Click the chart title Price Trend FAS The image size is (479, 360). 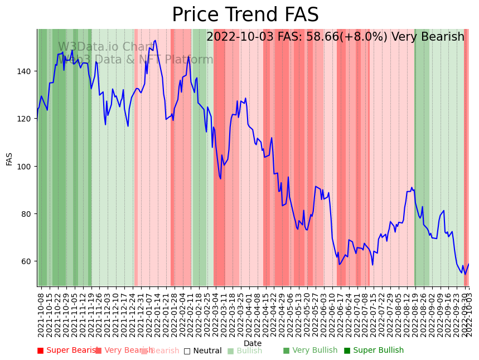pyautogui.click(x=245, y=15)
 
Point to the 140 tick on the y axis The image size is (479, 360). pyautogui.click(x=27, y=71)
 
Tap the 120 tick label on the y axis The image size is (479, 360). pyautogui.click(x=27, y=119)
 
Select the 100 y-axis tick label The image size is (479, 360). pyautogui.click(x=27, y=166)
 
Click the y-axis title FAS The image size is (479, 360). pyautogui.click(x=9, y=158)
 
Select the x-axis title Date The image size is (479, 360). pyautogui.click(x=253, y=344)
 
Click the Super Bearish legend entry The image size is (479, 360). pyautogui.click(x=68, y=351)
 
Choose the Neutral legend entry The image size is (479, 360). pyautogui.click(x=203, y=351)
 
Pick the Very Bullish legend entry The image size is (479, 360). pyautogui.click(x=310, y=351)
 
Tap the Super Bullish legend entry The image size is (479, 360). pyautogui.click(x=374, y=351)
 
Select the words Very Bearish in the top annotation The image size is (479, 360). pyautogui.click(x=428, y=37)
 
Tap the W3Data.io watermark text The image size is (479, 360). pyautogui.click(x=106, y=47)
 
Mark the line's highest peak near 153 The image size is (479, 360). pyautogui.click(x=155, y=40)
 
